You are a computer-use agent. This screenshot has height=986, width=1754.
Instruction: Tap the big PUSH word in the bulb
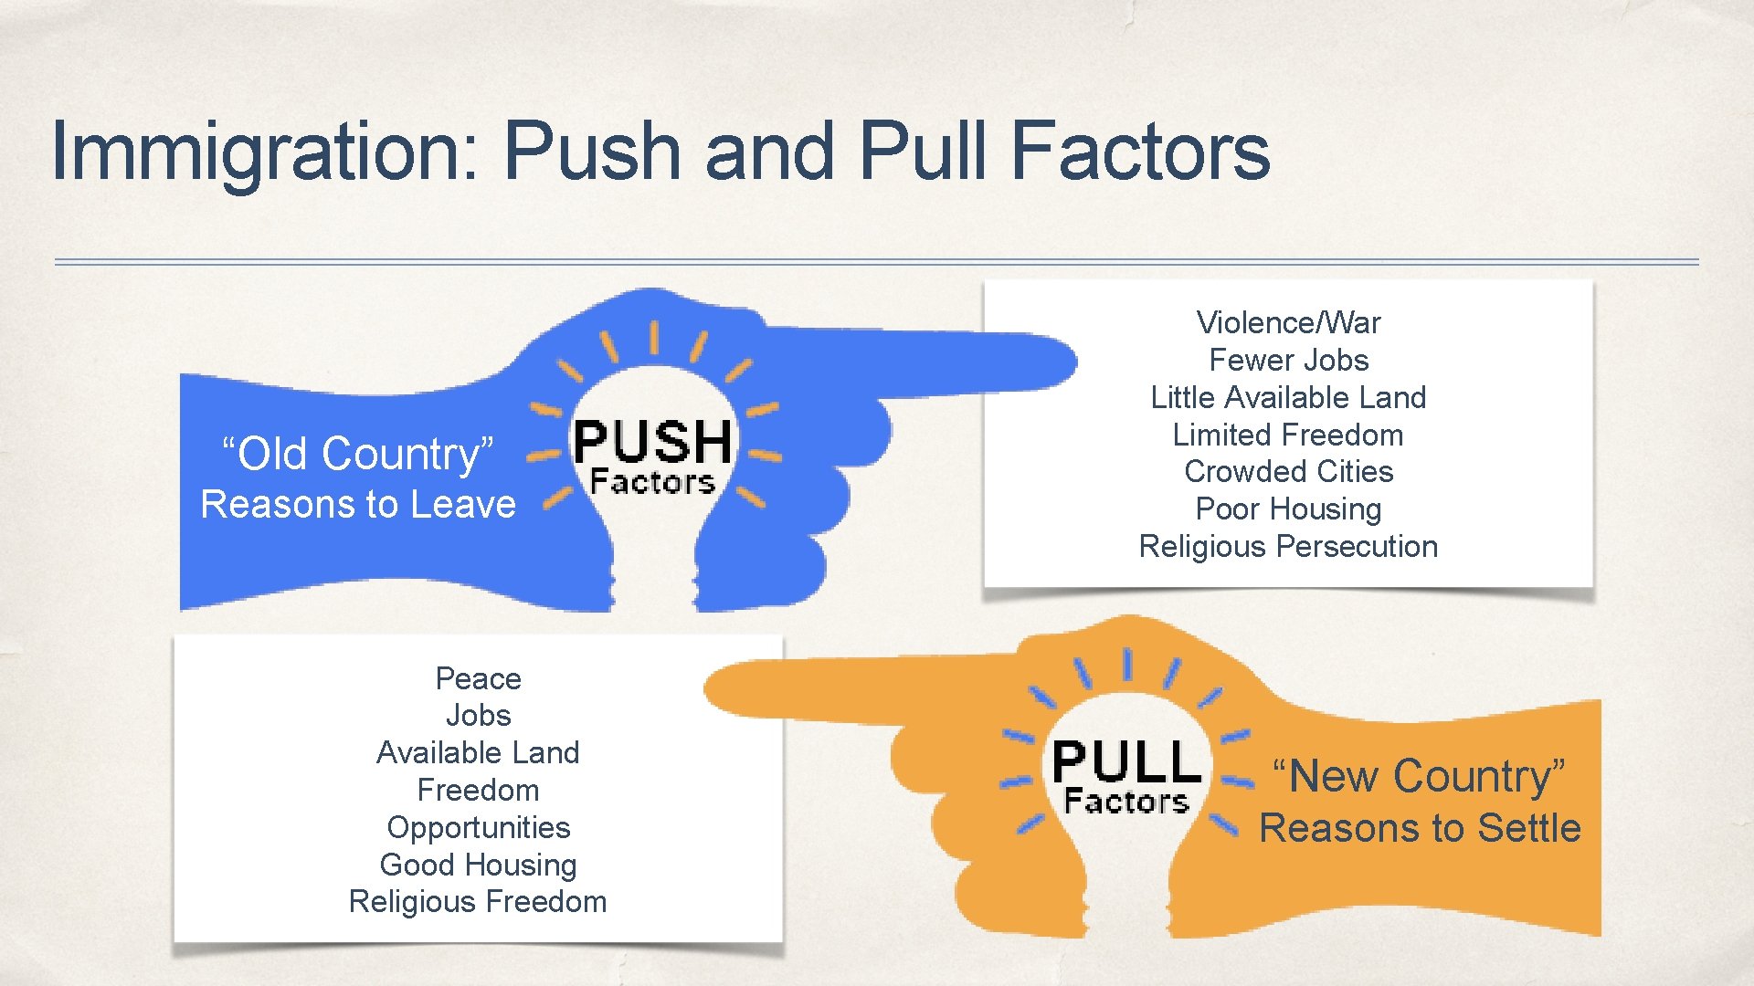652,442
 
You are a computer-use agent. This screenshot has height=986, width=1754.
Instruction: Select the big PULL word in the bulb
1126,762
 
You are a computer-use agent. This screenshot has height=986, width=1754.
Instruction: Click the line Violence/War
1288,322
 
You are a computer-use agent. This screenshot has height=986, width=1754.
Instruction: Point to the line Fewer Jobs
1288,360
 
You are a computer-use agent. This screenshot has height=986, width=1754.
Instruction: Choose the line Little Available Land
1288,397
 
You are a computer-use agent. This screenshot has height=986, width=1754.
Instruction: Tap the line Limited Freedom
1288,435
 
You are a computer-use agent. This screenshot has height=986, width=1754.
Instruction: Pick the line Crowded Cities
1288,471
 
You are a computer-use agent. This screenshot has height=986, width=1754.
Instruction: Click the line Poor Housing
1288,509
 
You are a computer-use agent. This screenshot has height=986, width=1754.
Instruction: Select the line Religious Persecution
1288,546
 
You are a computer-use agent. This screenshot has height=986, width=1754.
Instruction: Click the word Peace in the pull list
478,678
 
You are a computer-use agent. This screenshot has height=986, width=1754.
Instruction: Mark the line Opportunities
478,827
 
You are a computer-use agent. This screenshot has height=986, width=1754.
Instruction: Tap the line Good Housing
478,865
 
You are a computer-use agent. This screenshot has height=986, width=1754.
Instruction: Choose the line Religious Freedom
478,902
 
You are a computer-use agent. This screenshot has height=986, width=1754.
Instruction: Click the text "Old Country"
358,453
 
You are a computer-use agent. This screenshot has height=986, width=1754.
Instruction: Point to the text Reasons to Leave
358,504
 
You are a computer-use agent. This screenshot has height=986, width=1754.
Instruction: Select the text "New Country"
1419,776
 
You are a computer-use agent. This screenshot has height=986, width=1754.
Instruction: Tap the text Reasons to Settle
1420,828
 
